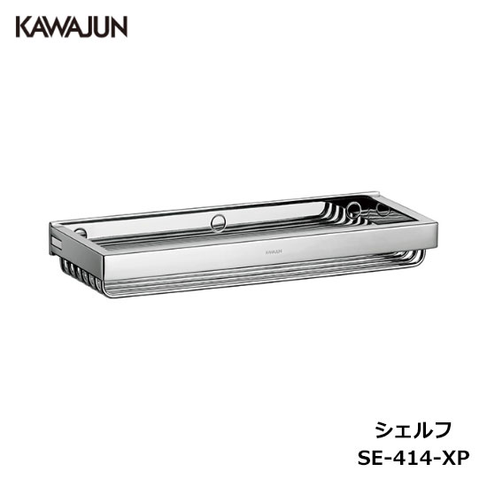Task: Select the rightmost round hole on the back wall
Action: (x=383, y=211)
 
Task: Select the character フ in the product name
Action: (x=442, y=429)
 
